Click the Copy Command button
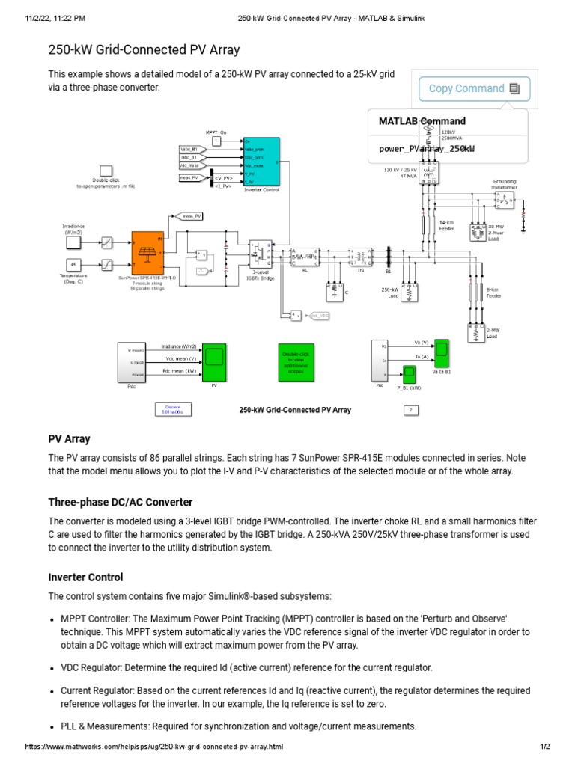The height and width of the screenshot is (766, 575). click(474, 88)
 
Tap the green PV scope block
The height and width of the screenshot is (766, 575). click(214, 361)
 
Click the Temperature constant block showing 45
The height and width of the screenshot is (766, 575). click(73, 265)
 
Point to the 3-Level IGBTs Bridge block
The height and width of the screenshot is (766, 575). click(260, 254)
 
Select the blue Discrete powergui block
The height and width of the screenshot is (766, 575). click(172, 409)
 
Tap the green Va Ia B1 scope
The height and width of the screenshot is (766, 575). click(442, 350)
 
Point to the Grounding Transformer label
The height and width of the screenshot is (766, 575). click(504, 183)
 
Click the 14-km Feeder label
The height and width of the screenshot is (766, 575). click(447, 225)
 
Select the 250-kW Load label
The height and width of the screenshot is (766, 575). click(389, 292)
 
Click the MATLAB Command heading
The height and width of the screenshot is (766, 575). click(422, 121)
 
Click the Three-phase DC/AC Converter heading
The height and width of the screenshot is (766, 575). click(121, 502)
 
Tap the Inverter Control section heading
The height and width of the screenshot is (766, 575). click(85, 577)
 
